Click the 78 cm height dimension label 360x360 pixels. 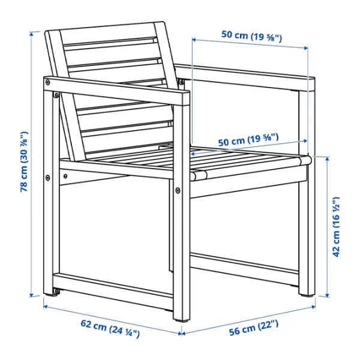point(24,161)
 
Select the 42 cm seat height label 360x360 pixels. point(335,227)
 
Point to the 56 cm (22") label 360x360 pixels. point(253,328)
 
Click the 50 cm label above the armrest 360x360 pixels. point(251,36)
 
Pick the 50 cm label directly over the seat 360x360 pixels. point(248,140)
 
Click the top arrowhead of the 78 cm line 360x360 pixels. point(32,34)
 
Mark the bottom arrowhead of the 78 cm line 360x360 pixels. point(32,295)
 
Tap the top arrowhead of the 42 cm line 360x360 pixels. point(327,160)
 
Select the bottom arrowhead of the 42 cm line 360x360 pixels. point(327,295)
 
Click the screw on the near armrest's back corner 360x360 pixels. point(47,82)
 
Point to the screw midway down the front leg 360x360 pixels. point(178,190)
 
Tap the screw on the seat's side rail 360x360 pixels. point(65,176)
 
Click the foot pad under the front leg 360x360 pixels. point(182,320)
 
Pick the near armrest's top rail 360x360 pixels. point(117,91)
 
